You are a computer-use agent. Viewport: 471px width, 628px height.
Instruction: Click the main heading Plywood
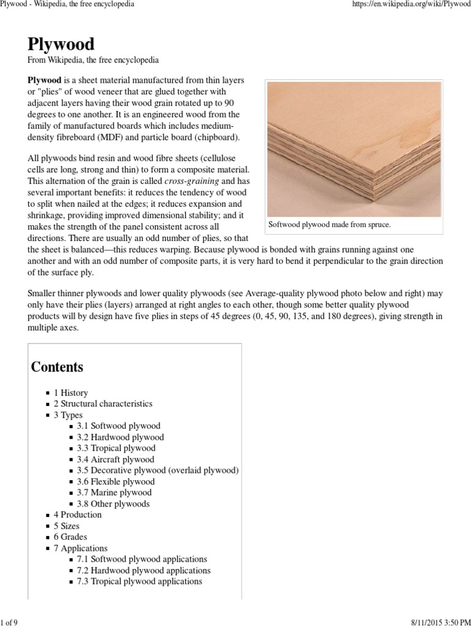(61, 45)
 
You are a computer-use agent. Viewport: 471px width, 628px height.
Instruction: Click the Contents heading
(57, 367)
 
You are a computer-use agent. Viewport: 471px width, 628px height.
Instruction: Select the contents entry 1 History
(71, 392)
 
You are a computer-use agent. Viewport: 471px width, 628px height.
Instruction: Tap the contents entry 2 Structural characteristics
(103, 404)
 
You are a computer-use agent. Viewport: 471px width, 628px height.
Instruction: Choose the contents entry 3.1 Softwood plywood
(118, 426)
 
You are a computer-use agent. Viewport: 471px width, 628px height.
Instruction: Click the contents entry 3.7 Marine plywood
(114, 492)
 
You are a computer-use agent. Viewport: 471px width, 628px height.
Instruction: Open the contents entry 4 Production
(77, 515)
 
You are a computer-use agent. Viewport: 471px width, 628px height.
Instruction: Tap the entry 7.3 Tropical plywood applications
(139, 581)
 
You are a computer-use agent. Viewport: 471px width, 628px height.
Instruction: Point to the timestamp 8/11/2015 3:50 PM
(434, 623)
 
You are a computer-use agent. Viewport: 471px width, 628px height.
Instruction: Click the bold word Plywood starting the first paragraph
(44, 81)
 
